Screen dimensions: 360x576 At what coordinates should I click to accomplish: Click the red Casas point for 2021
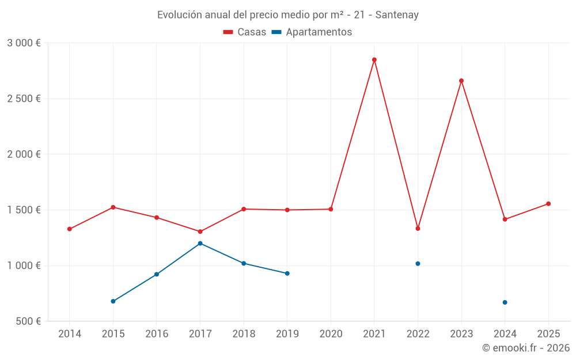pyautogui.click(x=374, y=60)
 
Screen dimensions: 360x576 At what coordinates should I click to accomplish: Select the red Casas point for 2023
pyautogui.click(x=461, y=81)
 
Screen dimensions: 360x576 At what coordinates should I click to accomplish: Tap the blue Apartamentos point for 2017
pyautogui.click(x=200, y=243)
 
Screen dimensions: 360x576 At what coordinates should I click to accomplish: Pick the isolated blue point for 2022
pyautogui.click(x=418, y=264)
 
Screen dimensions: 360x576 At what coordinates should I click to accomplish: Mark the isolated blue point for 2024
pyautogui.click(x=505, y=302)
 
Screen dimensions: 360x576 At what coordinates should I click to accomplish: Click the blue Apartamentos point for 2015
pyautogui.click(x=113, y=301)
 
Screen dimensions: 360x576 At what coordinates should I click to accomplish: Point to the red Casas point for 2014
pyautogui.click(x=70, y=229)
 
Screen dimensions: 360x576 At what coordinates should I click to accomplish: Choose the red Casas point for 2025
pyautogui.click(x=548, y=204)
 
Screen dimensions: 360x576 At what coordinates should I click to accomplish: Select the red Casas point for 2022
pyautogui.click(x=418, y=229)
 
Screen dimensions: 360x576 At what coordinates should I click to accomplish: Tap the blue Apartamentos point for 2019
pyautogui.click(x=287, y=274)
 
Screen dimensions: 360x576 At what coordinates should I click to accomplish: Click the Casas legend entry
pyautogui.click(x=245, y=32)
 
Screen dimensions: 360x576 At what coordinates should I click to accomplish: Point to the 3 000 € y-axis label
pyautogui.click(x=24, y=43)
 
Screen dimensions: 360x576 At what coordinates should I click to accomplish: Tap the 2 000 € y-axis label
pyautogui.click(x=24, y=154)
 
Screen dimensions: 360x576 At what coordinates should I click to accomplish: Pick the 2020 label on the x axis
pyautogui.click(x=331, y=334)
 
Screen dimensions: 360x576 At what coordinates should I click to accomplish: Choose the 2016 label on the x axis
pyautogui.click(x=157, y=334)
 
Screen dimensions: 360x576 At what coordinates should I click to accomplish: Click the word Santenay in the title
pyautogui.click(x=397, y=15)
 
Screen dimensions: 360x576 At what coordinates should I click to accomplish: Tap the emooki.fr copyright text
pyautogui.click(x=526, y=348)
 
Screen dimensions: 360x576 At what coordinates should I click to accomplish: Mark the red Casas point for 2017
pyautogui.click(x=200, y=232)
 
